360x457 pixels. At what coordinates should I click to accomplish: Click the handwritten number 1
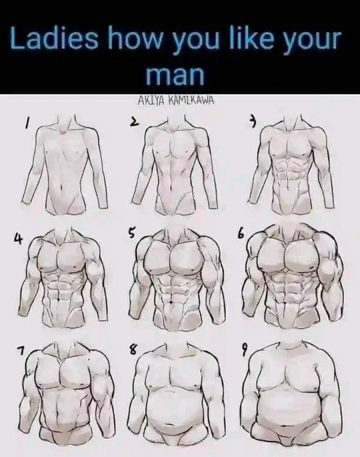[28, 124]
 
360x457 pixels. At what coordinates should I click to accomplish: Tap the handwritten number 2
[134, 122]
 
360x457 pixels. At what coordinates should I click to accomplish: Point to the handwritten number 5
[132, 233]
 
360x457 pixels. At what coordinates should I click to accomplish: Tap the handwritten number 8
[132, 349]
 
